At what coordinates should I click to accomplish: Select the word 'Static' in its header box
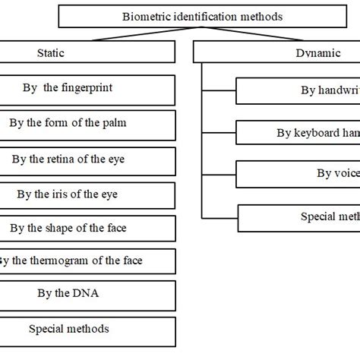tap(50, 52)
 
